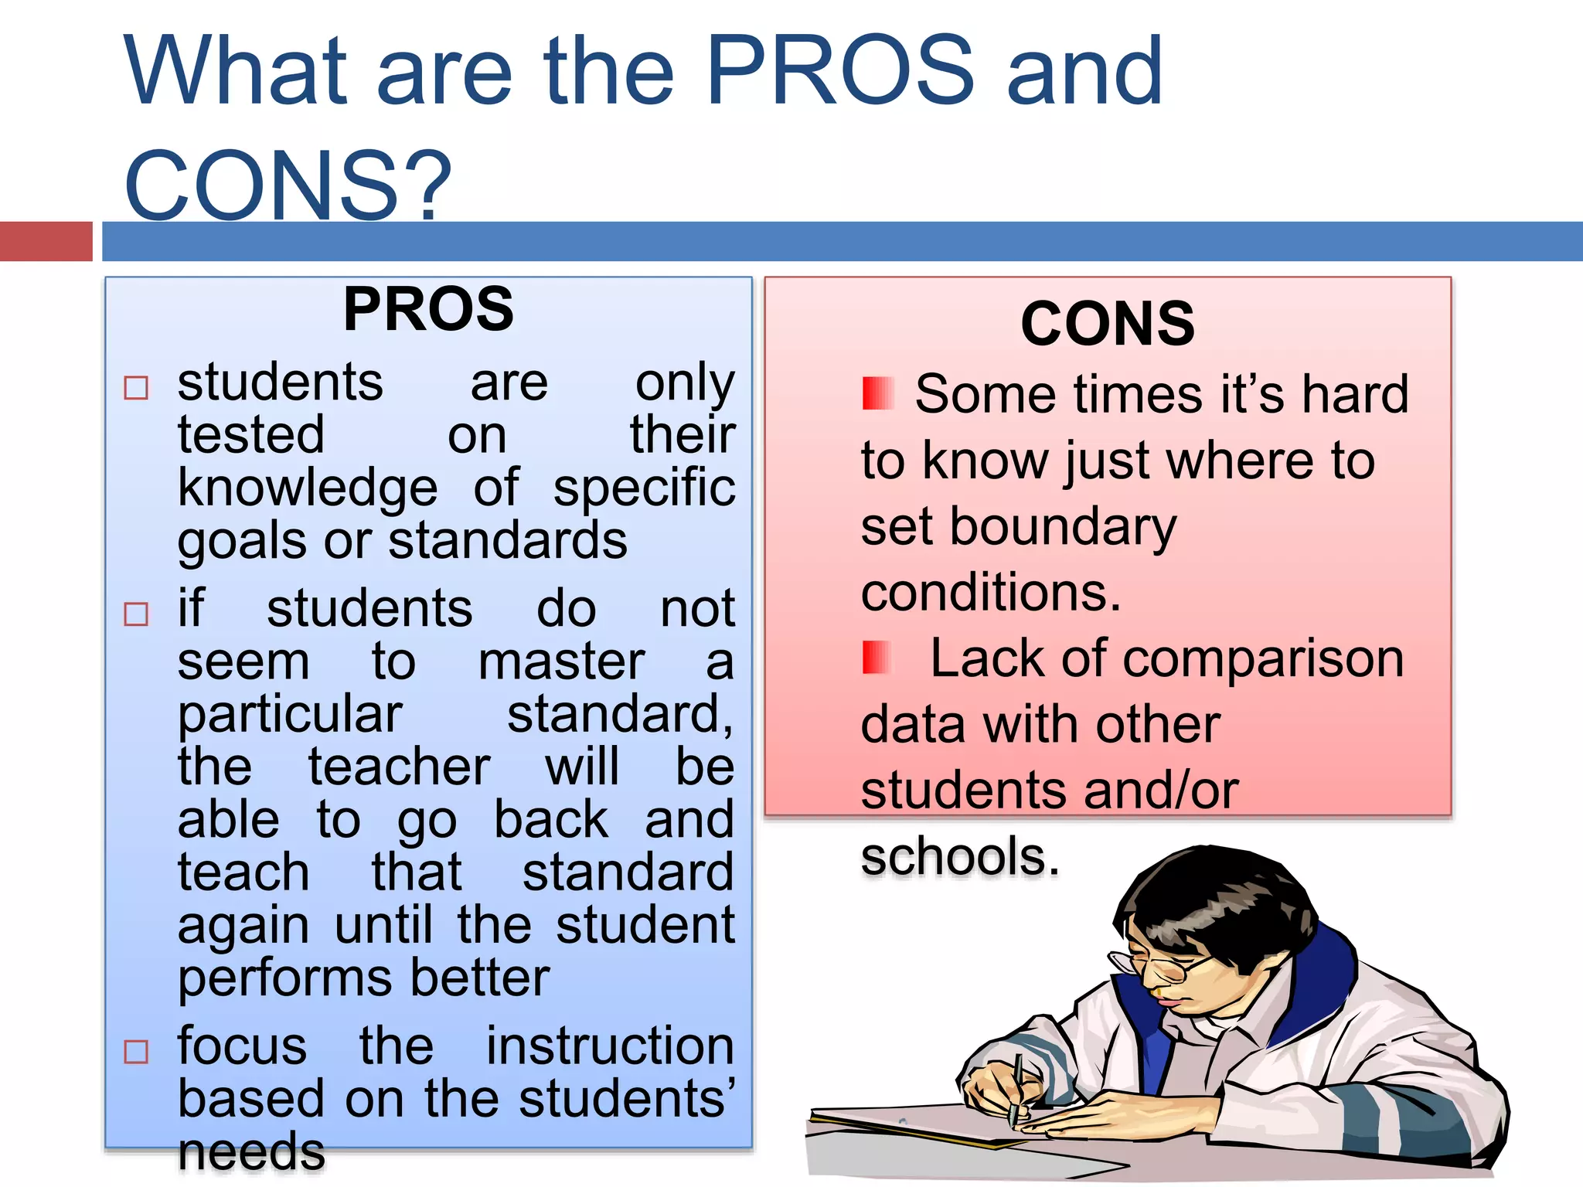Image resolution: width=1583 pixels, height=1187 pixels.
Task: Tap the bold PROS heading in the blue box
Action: click(x=428, y=309)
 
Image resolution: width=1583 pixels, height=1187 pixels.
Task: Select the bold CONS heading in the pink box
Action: click(x=1107, y=324)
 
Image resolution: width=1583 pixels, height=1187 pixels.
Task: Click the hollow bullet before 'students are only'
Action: click(x=136, y=387)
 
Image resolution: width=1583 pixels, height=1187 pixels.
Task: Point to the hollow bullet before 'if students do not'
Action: click(x=136, y=614)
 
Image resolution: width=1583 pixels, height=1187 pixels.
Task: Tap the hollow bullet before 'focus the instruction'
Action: click(x=136, y=1051)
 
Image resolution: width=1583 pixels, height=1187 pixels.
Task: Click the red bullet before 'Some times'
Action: click(x=878, y=393)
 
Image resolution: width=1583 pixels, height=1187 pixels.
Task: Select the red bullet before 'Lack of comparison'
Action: click(x=877, y=658)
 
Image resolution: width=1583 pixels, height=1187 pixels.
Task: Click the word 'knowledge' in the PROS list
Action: click(x=308, y=488)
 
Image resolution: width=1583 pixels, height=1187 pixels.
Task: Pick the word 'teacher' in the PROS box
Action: click(x=399, y=767)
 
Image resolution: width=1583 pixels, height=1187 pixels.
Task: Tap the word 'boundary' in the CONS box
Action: click(x=1062, y=527)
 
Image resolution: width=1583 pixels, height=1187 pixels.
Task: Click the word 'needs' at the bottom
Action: click(x=251, y=1151)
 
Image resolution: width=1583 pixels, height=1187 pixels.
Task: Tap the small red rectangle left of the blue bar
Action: click(x=46, y=241)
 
